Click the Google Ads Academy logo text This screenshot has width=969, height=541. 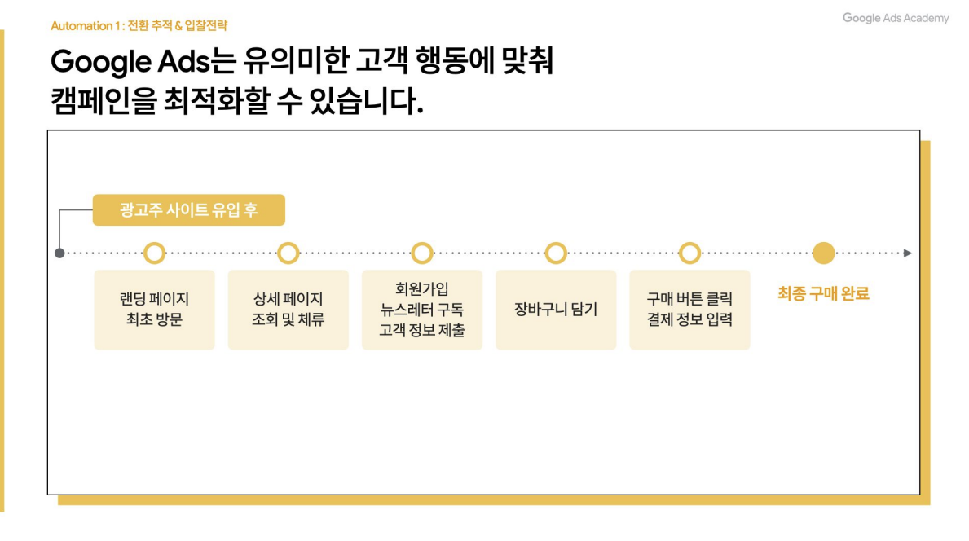click(x=896, y=18)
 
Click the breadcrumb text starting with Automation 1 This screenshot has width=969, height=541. click(x=139, y=26)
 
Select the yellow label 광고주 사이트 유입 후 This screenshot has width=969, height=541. click(x=188, y=210)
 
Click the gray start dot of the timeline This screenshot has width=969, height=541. click(x=59, y=253)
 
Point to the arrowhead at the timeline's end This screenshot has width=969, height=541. click(x=908, y=253)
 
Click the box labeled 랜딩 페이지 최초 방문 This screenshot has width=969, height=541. click(x=154, y=310)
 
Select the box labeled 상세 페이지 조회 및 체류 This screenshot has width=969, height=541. click(x=288, y=310)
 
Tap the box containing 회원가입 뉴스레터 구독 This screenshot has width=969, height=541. click(x=421, y=310)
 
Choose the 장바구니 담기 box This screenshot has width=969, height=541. click(x=556, y=310)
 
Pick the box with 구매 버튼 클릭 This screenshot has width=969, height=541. click(x=689, y=310)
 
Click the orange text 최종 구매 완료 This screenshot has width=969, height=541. click(x=823, y=294)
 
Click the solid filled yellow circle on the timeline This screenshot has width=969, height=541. click(x=824, y=253)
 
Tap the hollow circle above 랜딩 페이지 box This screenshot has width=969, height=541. click(x=154, y=253)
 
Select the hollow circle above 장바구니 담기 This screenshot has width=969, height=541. click(x=556, y=253)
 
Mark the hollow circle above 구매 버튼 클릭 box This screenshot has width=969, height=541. click(x=689, y=253)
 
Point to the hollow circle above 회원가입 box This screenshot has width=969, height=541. click(x=421, y=253)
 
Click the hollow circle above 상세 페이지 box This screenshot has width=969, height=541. click(x=288, y=253)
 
